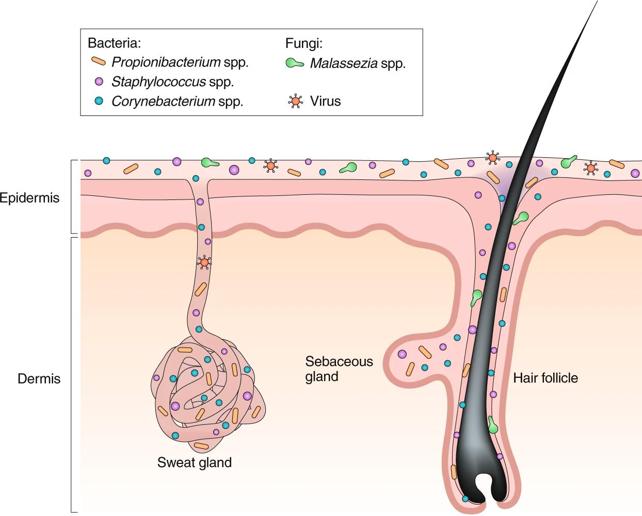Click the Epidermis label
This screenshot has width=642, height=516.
pos(30,198)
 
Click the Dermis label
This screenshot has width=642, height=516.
pos(39,379)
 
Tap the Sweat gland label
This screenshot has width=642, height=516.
pos(194,462)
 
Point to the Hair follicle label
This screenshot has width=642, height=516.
pos(545,378)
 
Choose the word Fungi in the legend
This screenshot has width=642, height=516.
pos(304,43)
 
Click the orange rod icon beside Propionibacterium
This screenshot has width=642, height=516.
pos(99,62)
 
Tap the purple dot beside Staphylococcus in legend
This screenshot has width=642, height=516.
pos(99,81)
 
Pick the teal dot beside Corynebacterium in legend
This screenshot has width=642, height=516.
pos(99,101)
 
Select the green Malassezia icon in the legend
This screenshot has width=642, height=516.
pos(295,63)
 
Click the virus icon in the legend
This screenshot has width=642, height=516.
pos(296,101)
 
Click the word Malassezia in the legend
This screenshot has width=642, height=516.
pos(343,63)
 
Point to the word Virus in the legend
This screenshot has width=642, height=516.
pos(325,101)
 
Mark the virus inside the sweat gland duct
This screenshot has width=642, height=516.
pos(204,262)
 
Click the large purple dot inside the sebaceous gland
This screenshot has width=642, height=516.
pos(402,354)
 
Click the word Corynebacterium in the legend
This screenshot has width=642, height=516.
pos(163,101)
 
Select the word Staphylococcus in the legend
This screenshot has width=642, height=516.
pos(158,81)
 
